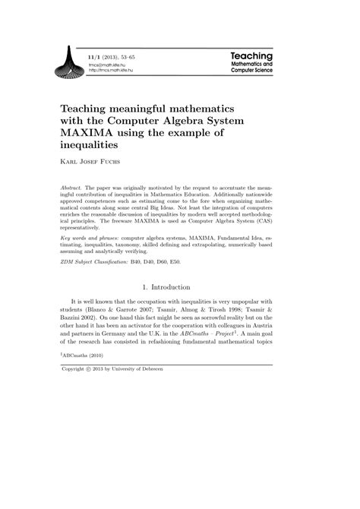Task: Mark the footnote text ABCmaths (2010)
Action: [87, 377]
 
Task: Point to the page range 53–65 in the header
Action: [142, 56]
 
